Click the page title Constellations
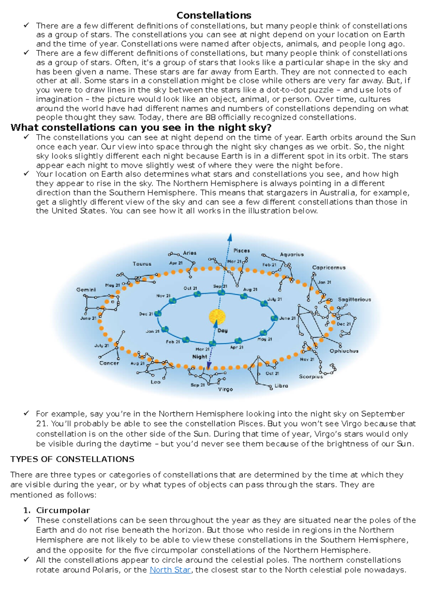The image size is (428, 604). [x=214, y=15]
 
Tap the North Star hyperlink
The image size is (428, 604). [x=170, y=570]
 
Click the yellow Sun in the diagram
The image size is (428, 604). [x=217, y=316]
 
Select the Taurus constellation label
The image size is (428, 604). [x=142, y=264]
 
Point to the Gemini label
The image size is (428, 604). [x=86, y=290]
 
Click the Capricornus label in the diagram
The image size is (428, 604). [x=328, y=267]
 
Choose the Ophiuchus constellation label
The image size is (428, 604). [x=344, y=351]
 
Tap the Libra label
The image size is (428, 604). [x=281, y=386]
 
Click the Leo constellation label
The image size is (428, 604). [x=156, y=382]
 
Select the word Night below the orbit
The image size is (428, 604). [x=199, y=356]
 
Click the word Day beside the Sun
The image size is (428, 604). [x=223, y=330]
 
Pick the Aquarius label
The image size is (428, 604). [x=292, y=254]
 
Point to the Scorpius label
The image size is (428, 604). [x=311, y=376]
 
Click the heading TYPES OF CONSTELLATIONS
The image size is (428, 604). [x=72, y=459]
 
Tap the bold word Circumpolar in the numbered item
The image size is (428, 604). [x=63, y=510]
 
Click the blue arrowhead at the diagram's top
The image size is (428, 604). [x=230, y=238]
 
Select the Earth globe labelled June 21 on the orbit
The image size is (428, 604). [x=274, y=318]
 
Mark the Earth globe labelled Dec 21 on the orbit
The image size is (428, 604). [x=158, y=313]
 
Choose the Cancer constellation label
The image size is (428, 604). [x=109, y=363]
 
